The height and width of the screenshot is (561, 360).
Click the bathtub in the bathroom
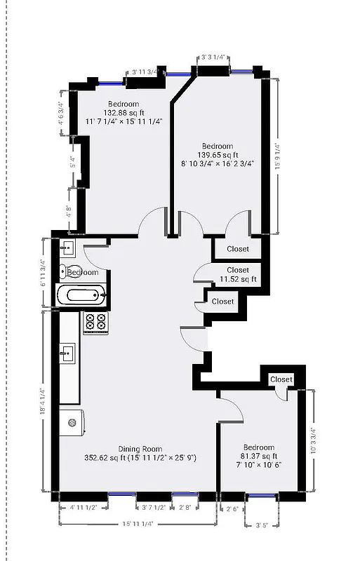[x=83, y=295]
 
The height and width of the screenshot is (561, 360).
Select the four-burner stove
[x=95, y=322]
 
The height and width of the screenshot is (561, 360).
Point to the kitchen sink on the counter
[x=68, y=352]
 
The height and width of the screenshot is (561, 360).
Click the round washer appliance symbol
[x=72, y=423]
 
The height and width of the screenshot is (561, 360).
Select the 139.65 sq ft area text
[x=217, y=155]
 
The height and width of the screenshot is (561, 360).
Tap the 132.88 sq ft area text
[x=124, y=112]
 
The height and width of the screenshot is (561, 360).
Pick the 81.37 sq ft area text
[x=259, y=456]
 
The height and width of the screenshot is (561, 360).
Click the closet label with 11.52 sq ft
[x=237, y=279]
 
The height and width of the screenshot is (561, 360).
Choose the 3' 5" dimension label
[x=262, y=524]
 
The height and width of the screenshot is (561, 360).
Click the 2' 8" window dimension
[x=185, y=507]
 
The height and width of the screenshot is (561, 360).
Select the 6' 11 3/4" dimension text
[x=44, y=273]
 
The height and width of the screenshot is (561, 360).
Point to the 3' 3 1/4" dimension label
[x=213, y=58]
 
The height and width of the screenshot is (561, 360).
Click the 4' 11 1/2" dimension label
[x=88, y=507]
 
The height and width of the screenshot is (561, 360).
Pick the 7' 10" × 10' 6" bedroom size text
[x=258, y=465]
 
